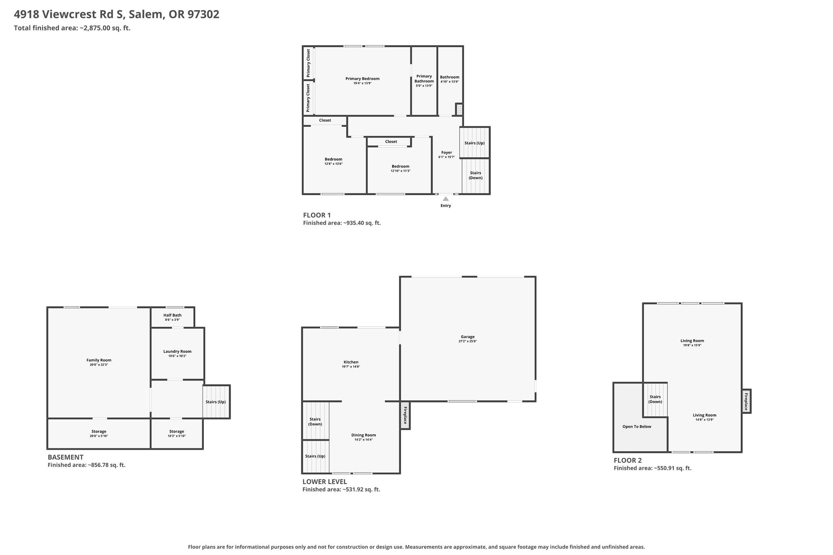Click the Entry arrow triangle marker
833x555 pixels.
446,199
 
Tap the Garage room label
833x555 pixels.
468,337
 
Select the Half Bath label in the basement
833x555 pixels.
172,315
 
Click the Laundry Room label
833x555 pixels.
177,351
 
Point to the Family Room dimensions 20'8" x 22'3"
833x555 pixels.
99,365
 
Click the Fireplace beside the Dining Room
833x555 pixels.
405,415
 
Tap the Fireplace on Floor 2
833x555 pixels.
746,401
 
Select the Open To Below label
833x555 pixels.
637,427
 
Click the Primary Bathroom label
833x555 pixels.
424,78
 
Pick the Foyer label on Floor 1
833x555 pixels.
447,152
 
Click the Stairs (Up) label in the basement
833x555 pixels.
216,402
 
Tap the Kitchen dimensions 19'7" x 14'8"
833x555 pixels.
351,367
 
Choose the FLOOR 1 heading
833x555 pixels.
317,215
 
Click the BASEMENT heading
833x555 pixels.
65,457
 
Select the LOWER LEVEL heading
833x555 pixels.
325,482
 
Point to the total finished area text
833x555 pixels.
72,28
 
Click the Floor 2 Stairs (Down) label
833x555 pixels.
655,399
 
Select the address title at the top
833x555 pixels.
117,14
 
